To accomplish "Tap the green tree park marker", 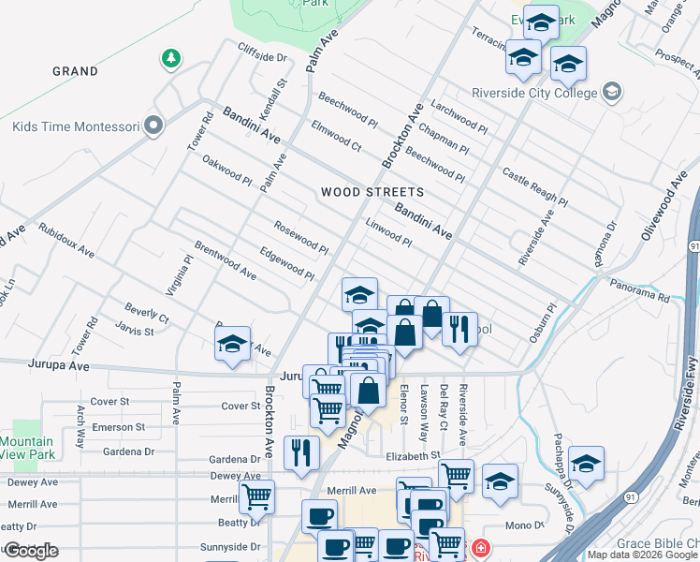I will point(170,59).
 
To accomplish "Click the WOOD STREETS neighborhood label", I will point(372,192).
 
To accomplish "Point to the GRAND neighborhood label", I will point(75,71).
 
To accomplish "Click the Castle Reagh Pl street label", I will point(535,187).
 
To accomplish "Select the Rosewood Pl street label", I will point(300,238).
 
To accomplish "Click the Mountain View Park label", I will point(26,448).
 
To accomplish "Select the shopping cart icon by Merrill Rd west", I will point(256,496).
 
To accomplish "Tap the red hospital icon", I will point(480,548).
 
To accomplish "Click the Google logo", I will point(30,551).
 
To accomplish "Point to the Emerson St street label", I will point(118,427).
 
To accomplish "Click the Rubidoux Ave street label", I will point(66,240).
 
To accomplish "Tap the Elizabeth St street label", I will point(412,455).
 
